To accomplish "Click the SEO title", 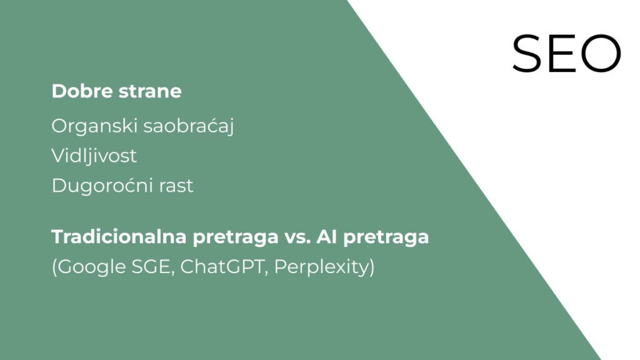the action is (566, 54).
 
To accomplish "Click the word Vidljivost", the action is (94, 156).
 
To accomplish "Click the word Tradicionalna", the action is (119, 237).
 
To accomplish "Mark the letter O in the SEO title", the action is (601, 54).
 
